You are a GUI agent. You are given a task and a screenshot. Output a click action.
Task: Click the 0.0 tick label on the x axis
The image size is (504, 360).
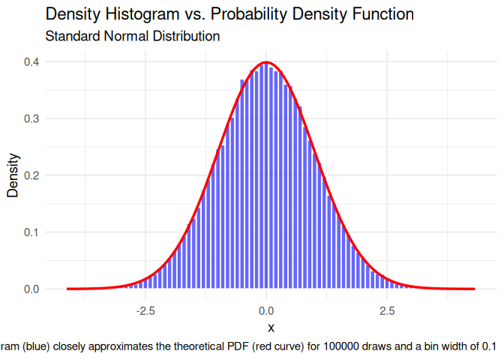(266, 310)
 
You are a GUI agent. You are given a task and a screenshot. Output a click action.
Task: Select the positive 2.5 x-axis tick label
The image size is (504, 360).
(387, 310)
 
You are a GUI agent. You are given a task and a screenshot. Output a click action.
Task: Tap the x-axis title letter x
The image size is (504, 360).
(271, 328)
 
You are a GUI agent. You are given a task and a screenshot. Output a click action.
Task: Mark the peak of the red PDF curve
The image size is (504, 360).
(266, 62)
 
